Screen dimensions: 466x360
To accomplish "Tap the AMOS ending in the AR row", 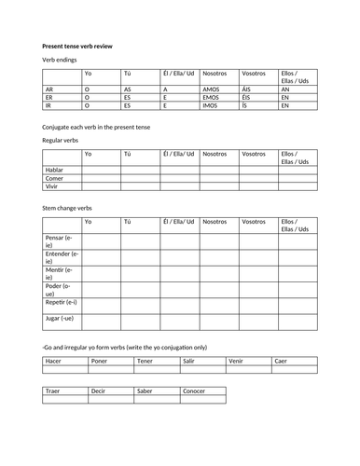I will (212, 89).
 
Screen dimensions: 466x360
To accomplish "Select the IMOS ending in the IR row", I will (212, 106).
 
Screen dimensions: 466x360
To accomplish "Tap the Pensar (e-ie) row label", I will (59, 242).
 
